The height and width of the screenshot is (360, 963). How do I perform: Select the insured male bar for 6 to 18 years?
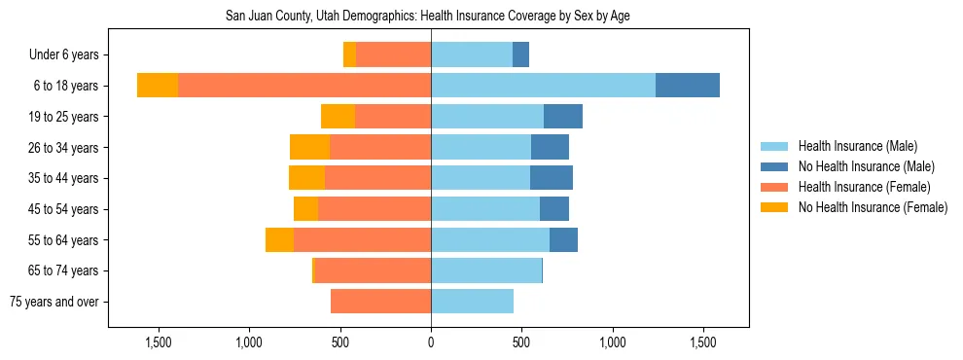[x=543, y=86]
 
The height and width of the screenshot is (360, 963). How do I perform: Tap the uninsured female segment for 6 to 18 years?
[x=158, y=86]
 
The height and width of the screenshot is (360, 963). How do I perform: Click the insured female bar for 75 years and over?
[x=380, y=302]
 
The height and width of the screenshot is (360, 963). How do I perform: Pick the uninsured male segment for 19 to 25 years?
[x=563, y=117]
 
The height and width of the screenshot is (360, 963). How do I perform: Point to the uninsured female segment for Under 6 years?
[x=349, y=54]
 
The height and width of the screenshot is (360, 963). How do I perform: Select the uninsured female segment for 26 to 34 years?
[x=309, y=147]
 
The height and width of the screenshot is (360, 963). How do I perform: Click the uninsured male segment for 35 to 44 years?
[x=552, y=178]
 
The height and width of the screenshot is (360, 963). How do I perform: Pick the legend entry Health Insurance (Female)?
[x=864, y=187]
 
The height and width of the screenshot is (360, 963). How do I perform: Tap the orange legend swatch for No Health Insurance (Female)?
[x=774, y=207]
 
